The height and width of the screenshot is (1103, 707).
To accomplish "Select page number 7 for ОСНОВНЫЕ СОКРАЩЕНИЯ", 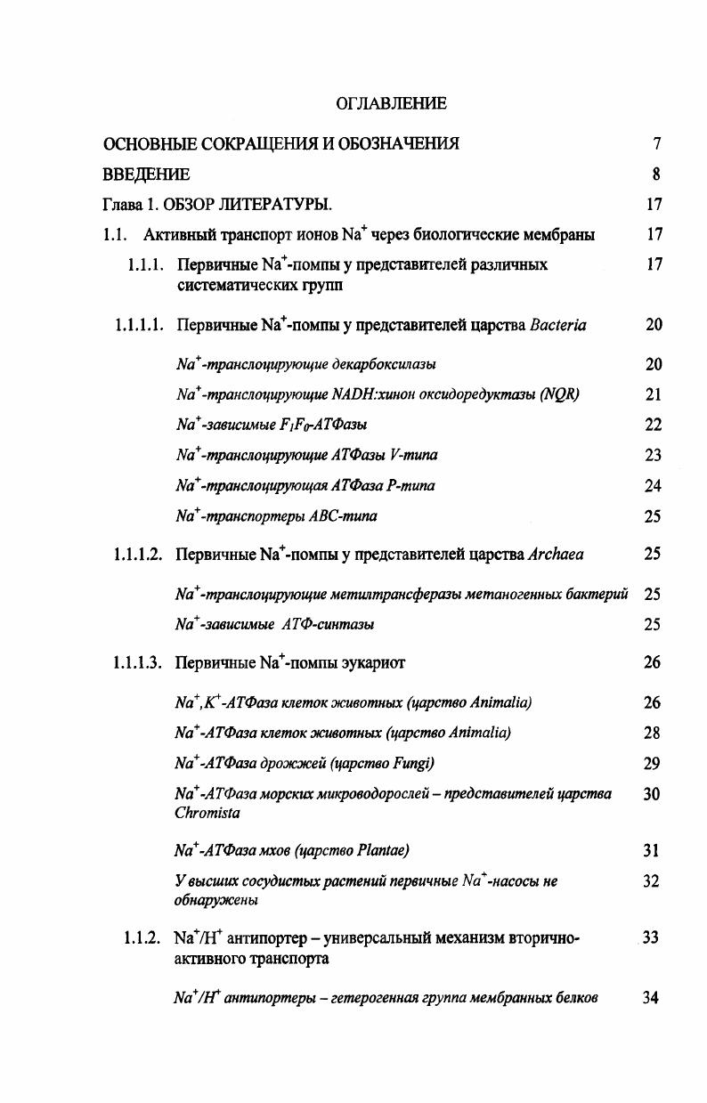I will pyautogui.click(x=656, y=143).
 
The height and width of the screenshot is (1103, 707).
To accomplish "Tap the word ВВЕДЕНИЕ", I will pyautogui.click(x=146, y=174).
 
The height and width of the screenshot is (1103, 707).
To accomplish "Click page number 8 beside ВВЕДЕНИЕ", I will pyautogui.click(x=656, y=174).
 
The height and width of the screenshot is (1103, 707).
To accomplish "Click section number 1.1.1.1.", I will pyautogui.click(x=138, y=325).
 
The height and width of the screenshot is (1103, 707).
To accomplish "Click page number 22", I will pyautogui.click(x=654, y=426).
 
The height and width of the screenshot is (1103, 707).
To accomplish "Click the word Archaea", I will pyautogui.click(x=557, y=555).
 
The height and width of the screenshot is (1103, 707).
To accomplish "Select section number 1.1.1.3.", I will pyautogui.click(x=138, y=663).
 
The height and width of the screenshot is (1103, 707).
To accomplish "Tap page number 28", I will pyautogui.click(x=653, y=734).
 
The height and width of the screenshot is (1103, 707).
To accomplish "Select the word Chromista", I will pyautogui.click(x=207, y=813).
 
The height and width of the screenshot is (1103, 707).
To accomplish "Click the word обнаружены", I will pyautogui.click(x=217, y=900).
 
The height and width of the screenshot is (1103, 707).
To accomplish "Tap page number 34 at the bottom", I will pyautogui.click(x=651, y=998).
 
